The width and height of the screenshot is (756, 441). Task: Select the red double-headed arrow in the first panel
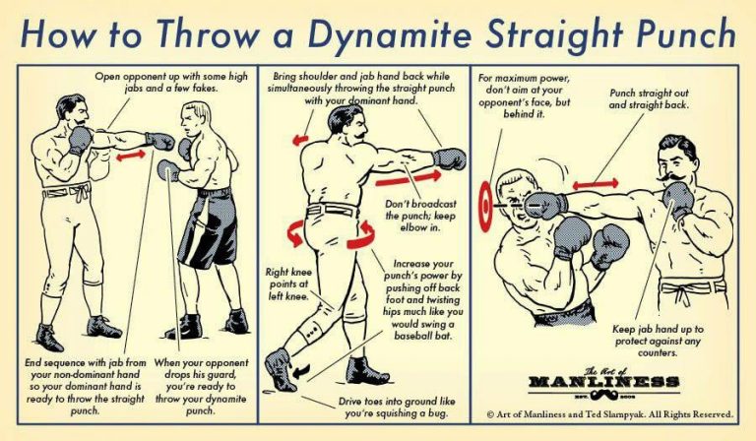coord(130,155)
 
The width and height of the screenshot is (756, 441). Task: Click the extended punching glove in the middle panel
coord(450,158)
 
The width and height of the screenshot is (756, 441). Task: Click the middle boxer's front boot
coord(365,372)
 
